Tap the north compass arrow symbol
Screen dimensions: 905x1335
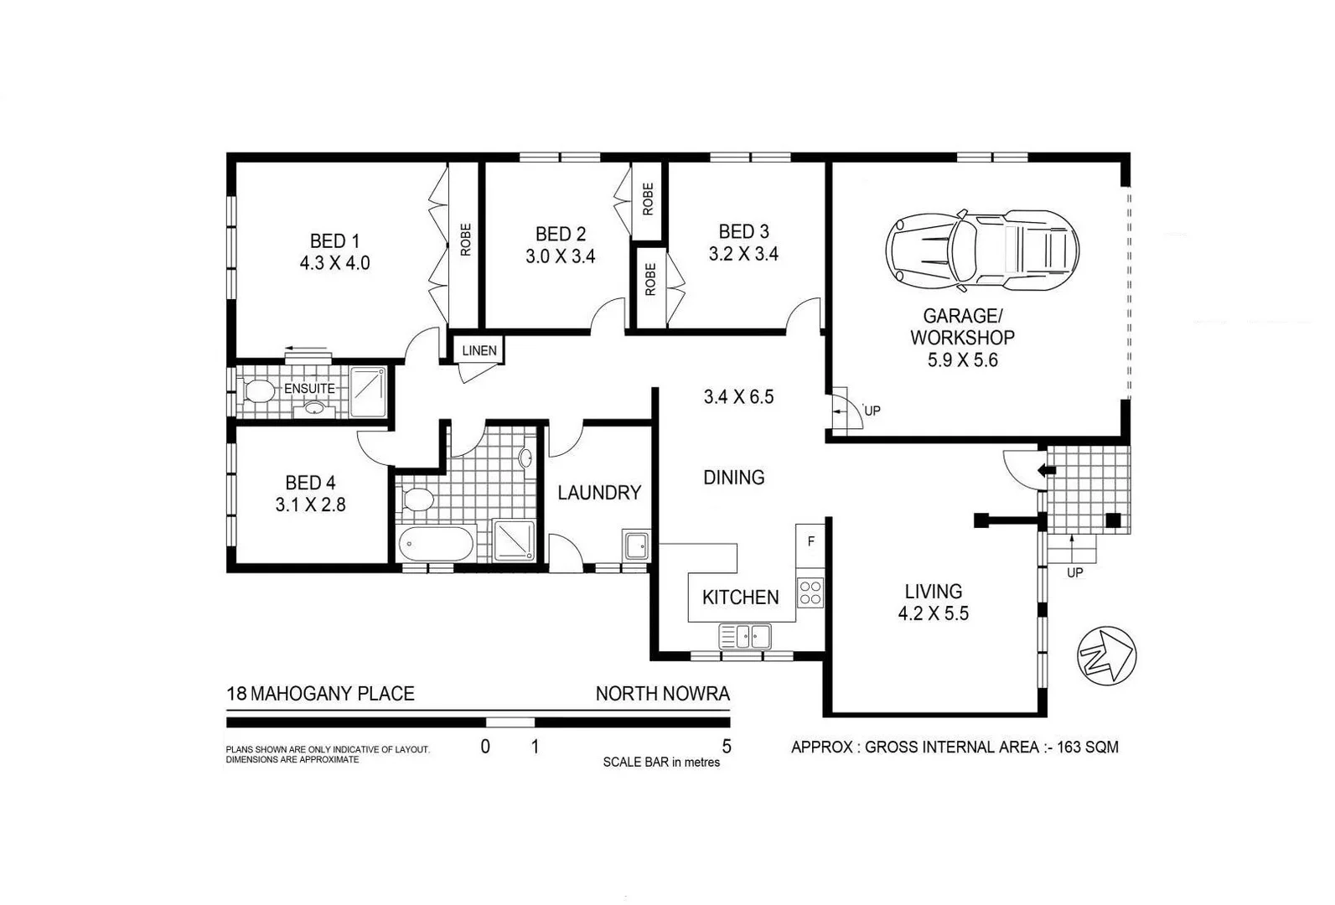[1106, 654]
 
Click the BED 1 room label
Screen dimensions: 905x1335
[334, 241]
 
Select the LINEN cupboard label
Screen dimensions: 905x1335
[479, 350]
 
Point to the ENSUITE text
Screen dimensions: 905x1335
[309, 389]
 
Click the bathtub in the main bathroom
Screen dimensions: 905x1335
[435, 545]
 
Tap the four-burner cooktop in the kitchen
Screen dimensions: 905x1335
[810, 592]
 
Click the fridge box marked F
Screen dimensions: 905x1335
[810, 542]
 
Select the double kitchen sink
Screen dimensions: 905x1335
[745, 636]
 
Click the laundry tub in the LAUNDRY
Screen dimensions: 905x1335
[635, 545]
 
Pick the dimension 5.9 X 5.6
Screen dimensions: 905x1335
[962, 360]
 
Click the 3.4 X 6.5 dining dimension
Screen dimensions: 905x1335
[738, 397]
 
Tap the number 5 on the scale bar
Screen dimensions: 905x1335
[727, 747]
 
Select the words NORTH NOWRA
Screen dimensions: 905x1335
[662, 694]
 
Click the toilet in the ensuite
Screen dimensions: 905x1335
[258, 391]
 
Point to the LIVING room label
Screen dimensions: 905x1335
[933, 592]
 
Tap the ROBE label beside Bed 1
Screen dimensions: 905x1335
[466, 240]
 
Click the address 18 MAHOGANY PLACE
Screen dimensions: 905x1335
[320, 694]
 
